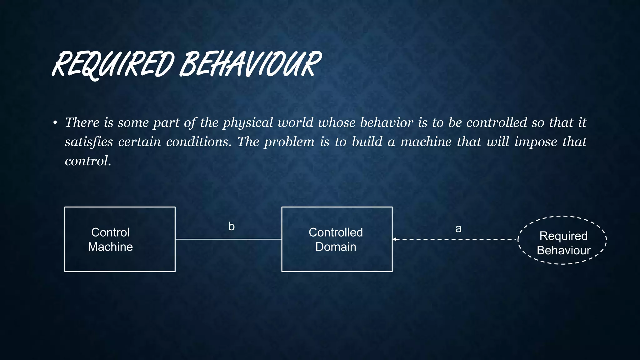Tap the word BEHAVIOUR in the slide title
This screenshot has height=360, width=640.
pyautogui.click(x=250, y=65)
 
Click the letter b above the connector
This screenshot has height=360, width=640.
pyautogui.click(x=231, y=227)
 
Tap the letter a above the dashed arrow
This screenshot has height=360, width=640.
pyautogui.click(x=458, y=229)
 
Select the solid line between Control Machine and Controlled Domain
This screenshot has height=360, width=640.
pyautogui.click(x=228, y=239)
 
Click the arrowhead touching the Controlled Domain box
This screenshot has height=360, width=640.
pyautogui.click(x=395, y=239)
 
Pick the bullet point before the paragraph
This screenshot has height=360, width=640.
pyautogui.click(x=55, y=122)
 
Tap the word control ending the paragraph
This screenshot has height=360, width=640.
pyautogui.click(x=87, y=161)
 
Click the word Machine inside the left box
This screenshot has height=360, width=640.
pyautogui.click(x=110, y=247)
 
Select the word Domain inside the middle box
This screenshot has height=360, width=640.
pyautogui.click(x=336, y=247)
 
